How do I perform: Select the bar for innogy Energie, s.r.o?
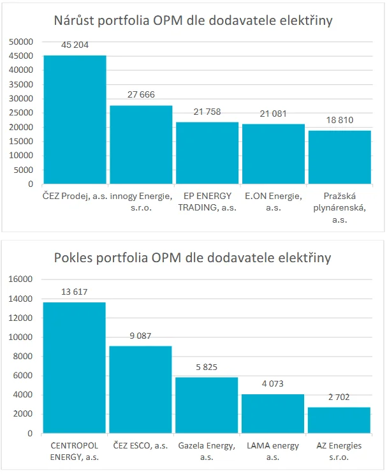pyautogui.click(x=141, y=145)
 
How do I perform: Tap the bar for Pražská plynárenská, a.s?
pyautogui.click(x=340, y=157)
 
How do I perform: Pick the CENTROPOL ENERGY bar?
pyautogui.click(x=74, y=367)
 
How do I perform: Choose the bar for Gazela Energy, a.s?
pyautogui.click(x=207, y=405)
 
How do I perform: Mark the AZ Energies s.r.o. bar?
pyautogui.click(x=339, y=420)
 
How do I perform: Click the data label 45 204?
pyautogui.click(x=75, y=46)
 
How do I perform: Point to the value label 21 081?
pyautogui.click(x=274, y=114)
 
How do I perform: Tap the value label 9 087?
pyautogui.click(x=141, y=336)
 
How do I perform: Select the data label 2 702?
pyautogui.click(x=339, y=397)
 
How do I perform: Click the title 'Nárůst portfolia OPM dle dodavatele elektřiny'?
pyautogui.click(x=193, y=21)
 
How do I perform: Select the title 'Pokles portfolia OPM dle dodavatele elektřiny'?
pyautogui.click(x=193, y=259)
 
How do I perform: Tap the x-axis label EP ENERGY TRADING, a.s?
pyautogui.click(x=207, y=202)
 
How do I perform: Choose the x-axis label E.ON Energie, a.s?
pyautogui.click(x=274, y=202)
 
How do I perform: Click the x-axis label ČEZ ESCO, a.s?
pyautogui.click(x=141, y=446)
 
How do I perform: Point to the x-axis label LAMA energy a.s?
pyautogui.click(x=273, y=451)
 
